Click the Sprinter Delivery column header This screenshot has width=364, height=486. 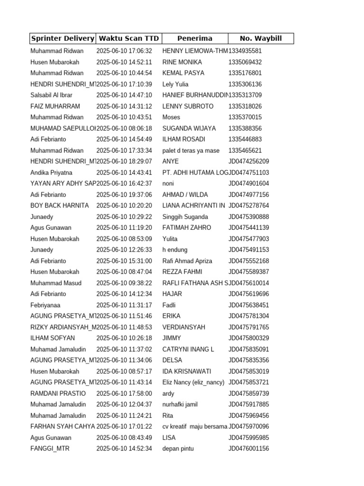[62, 38]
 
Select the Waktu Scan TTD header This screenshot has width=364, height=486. [128, 38]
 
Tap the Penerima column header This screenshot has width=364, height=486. [195, 38]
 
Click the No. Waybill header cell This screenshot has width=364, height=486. [261, 38]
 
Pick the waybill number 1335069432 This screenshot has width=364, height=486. [245, 62]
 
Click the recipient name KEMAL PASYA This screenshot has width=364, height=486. [183, 73]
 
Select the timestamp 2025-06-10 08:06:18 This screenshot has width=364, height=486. [124, 128]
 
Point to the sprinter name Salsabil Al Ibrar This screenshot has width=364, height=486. [51, 95]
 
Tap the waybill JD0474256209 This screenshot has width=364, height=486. [249, 161]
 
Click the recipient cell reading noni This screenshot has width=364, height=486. [169, 184]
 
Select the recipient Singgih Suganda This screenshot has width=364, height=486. [185, 217]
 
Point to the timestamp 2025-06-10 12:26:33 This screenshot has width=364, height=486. [124, 250]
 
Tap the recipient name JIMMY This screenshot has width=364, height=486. [172, 338]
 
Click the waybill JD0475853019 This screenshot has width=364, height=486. [249, 371]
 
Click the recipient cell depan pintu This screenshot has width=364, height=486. [178, 449]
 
